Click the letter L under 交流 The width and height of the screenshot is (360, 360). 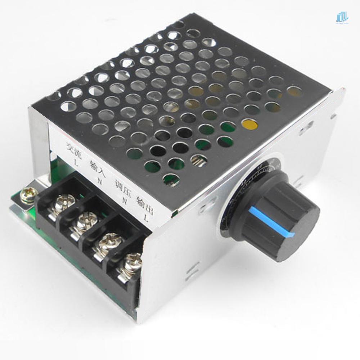click(75, 162)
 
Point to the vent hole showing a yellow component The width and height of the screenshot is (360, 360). click(251, 124)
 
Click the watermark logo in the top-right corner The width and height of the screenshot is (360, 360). click(342, 17)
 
